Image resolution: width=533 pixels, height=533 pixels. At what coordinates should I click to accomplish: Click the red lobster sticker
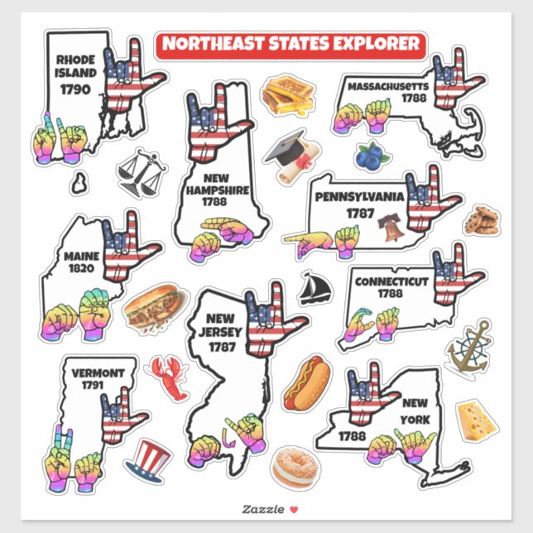166,373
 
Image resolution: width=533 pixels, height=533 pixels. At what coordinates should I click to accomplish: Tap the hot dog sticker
306,382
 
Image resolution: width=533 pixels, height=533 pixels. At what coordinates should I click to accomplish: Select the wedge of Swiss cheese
478,419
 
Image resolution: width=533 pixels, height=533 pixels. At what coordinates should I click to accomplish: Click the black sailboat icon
315,288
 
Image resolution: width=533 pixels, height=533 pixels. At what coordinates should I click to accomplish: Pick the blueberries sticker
372,155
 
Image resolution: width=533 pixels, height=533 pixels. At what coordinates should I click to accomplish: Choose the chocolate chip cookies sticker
480,221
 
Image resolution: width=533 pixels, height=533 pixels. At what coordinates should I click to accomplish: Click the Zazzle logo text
259,508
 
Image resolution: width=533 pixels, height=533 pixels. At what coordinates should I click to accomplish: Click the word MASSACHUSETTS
388,86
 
